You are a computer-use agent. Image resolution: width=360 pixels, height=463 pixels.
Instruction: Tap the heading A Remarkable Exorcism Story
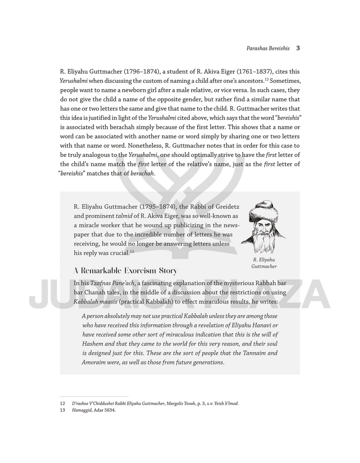(125, 271)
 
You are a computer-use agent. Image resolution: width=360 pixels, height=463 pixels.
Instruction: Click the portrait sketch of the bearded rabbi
(263, 227)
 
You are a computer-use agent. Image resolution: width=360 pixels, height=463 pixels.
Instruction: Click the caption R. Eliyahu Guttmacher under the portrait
(264, 263)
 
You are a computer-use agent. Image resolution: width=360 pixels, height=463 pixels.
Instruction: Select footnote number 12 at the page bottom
(63, 404)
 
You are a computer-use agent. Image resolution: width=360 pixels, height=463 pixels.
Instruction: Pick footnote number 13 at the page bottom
(63, 410)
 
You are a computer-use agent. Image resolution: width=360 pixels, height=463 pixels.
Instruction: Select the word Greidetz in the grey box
(224, 206)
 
